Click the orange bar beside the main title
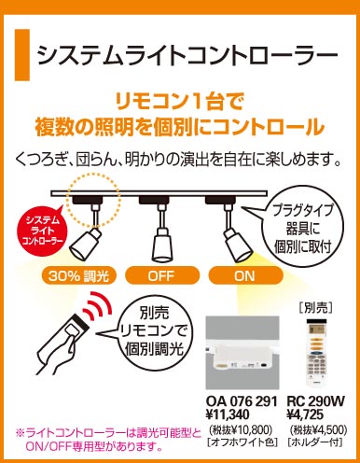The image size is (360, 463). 22,55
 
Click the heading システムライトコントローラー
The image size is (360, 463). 187,55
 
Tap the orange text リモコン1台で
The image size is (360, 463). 179,102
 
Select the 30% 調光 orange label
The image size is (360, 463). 78,275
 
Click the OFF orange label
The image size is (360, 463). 162,275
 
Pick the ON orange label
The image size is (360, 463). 245,275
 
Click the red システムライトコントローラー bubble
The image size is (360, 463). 43,231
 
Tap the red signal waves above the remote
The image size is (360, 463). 99,306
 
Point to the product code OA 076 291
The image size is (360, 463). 242,401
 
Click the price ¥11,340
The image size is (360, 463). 228,414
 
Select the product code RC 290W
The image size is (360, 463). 315,401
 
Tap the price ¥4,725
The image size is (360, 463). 305,414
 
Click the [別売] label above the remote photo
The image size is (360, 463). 316,308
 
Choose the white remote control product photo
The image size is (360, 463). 316,352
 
